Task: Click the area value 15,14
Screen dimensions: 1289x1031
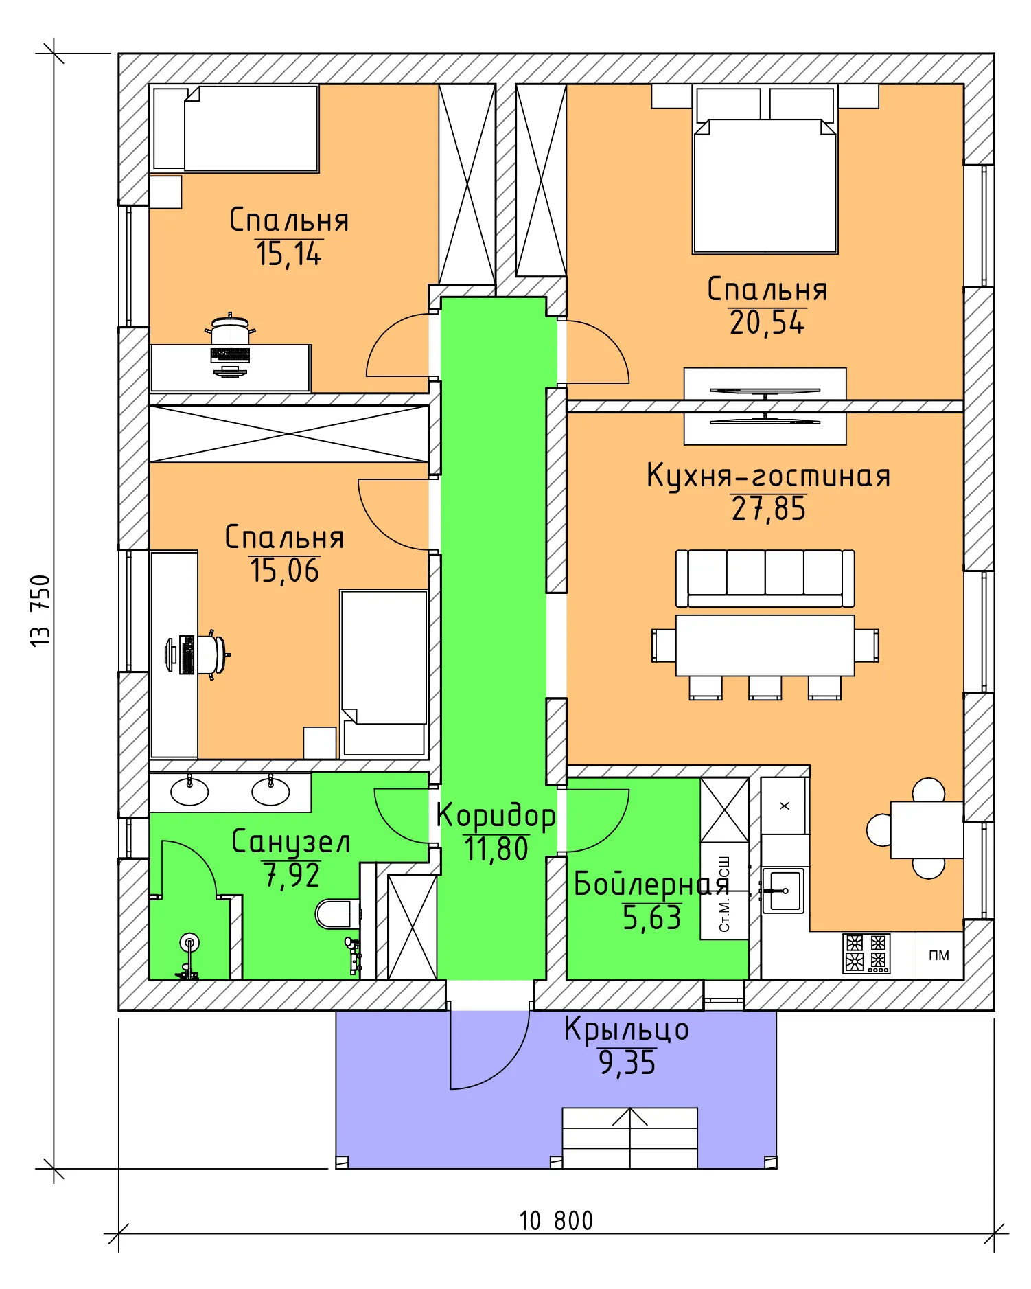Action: pyautogui.click(x=288, y=254)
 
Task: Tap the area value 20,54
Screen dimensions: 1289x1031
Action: pyautogui.click(x=767, y=323)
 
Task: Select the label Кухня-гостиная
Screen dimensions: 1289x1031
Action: pyautogui.click(x=768, y=476)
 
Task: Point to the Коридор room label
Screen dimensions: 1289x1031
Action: pyautogui.click(x=496, y=816)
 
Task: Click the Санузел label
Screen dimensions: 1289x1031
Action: pyautogui.click(x=290, y=842)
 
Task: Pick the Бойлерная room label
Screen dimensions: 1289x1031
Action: pyautogui.click(x=650, y=885)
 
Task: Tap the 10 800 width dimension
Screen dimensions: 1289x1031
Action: pyautogui.click(x=556, y=1221)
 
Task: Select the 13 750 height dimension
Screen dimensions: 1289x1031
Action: pyautogui.click(x=41, y=611)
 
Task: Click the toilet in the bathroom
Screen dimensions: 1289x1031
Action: pyautogui.click(x=336, y=914)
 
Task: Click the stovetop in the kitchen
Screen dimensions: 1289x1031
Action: pyautogui.click(x=866, y=953)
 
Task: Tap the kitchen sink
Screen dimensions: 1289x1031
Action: pyautogui.click(x=783, y=891)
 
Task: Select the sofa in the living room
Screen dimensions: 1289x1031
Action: pyautogui.click(x=765, y=578)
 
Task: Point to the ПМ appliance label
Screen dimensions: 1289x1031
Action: pyautogui.click(x=938, y=955)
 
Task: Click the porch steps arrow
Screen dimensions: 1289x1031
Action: pyautogui.click(x=629, y=1117)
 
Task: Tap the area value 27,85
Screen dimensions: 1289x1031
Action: pyautogui.click(x=768, y=509)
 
